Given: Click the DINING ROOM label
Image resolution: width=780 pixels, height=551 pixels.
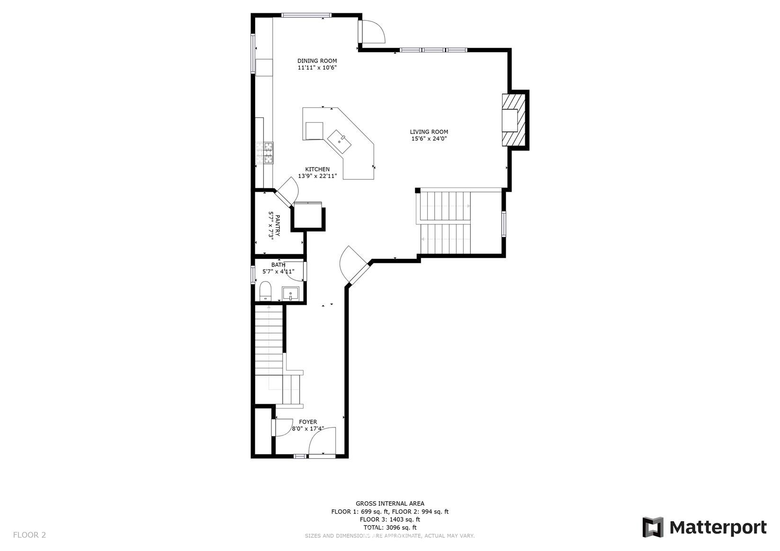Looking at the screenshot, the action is (x=317, y=61).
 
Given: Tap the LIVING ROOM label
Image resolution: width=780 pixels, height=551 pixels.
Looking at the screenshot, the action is (x=429, y=132).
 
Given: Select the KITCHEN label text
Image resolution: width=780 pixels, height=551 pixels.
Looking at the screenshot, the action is (x=317, y=169).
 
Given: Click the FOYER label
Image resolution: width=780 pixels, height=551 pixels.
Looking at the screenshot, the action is (x=308, y=422).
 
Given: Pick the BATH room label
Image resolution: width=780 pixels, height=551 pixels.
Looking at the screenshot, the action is (x=278, y=265).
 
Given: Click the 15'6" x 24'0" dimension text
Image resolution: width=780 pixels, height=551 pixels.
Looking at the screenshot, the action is (x=429, y=139).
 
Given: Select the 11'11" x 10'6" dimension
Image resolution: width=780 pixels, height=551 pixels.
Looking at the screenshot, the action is (x=317, y=68).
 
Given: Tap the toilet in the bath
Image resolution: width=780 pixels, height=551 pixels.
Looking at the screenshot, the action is (x=265, y=291).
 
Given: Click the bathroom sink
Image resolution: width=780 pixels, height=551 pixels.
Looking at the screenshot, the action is (x=290, y=293).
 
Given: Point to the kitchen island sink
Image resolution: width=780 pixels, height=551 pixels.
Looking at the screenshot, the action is (x=339, y=142).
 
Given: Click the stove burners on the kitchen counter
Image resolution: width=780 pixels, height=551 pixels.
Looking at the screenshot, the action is (x=265, y=153).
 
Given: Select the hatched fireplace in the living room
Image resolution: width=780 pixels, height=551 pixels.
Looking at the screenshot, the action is (x=513, y=120).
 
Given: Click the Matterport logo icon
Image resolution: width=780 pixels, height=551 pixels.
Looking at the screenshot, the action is (x=653, y=527).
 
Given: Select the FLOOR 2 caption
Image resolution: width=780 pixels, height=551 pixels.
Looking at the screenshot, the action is (x=29, y=535).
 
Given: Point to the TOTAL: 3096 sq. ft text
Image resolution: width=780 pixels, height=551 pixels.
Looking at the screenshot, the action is (x=390, y=528).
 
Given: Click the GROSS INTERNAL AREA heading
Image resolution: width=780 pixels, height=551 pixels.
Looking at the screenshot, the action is (x=390, y=503).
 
